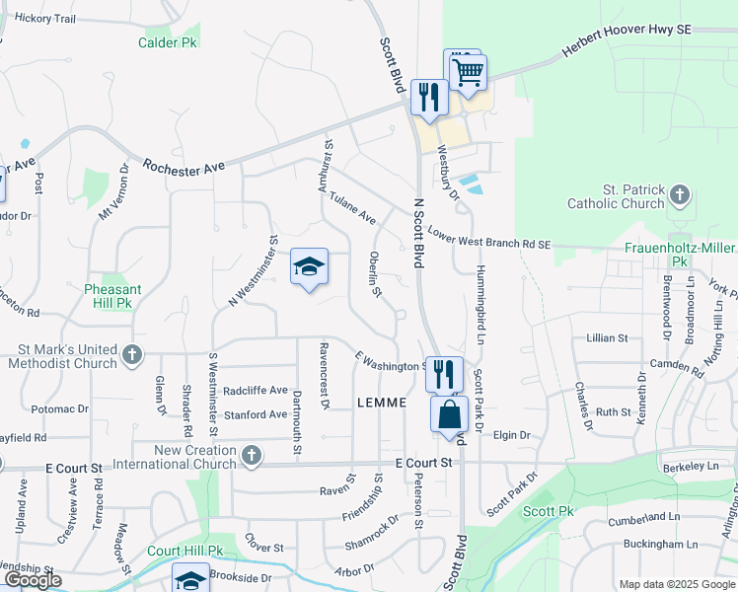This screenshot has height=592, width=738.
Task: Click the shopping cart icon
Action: coord(467,70)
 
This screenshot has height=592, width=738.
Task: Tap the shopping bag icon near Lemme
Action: coord(449,414)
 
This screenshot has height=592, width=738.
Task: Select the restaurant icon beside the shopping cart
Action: coord(428,97)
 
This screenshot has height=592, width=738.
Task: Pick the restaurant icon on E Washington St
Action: coord(443,374)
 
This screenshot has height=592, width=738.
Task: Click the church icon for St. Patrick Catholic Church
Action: coord(680,194)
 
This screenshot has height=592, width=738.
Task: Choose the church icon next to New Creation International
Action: coord(252,455)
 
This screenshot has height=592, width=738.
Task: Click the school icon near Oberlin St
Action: coord(309,266)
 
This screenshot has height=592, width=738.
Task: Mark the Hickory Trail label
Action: coord(45,19)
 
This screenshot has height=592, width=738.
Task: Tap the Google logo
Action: coord(33,580)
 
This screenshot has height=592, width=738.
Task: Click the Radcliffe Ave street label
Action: coord(256,390)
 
